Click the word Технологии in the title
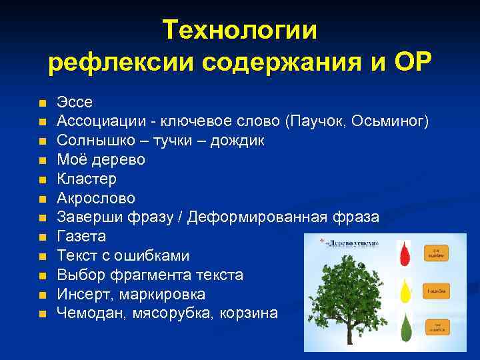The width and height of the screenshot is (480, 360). [x=240, y=30]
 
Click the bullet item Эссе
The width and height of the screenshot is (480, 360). [x=75, y=103]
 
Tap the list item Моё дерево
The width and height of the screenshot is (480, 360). [x=101, y=160]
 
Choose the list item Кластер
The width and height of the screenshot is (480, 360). [x=87, y=179]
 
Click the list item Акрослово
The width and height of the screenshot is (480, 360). [x=96, y=198]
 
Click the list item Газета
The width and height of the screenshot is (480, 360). [x=81, y=237]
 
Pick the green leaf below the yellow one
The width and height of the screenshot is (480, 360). [x=405, y=328]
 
